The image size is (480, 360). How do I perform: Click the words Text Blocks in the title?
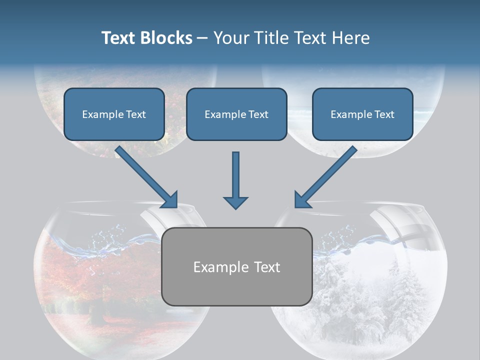pyautogui.click(x=146, y=38)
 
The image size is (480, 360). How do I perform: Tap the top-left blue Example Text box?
pyautogui.click(x=114, y=114)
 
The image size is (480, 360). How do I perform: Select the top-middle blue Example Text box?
pyautogui.click(x=236, y=114)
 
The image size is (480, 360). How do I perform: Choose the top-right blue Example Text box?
pyautogui.click(x=362, y=114)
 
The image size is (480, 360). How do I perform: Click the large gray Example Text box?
pyautogui.click(x=237, y=266)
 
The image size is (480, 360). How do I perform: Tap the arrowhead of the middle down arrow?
pyautogui.click(x=235, y=202)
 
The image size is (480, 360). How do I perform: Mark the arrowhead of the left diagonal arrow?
pyautogui.click(x=170, y=199)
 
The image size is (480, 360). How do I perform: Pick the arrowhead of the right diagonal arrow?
pyautogui.click(x=302, y=199)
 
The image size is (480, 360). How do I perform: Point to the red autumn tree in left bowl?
pyautogui.click(x=75, y=280)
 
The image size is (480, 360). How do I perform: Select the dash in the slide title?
pyautogui.click(x=202, y=38)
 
